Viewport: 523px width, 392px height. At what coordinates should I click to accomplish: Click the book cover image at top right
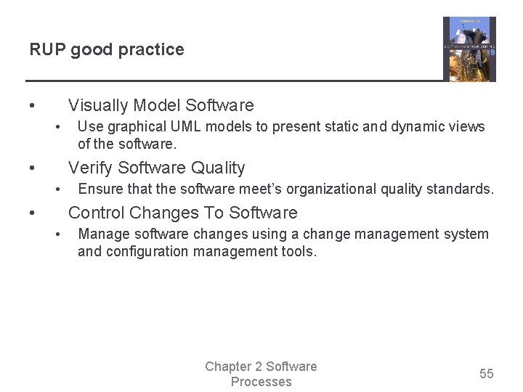pyautogui.click(x=469, y=49)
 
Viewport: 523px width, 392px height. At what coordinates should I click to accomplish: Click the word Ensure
pyautogui.click(x=100, y=189)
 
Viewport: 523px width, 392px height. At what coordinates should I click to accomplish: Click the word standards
pyautogui.click(x=463, y=189)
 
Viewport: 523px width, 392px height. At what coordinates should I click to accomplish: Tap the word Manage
pyautogui.click(x=102, y=234)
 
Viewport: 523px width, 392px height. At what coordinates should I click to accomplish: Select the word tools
pyautogui.click(x=301, y=252)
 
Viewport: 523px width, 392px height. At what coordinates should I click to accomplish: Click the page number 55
pyautogui.click(x=486, y=374)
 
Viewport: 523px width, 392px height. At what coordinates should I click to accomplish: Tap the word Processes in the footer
pyautogui.click(x=261, y=382)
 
